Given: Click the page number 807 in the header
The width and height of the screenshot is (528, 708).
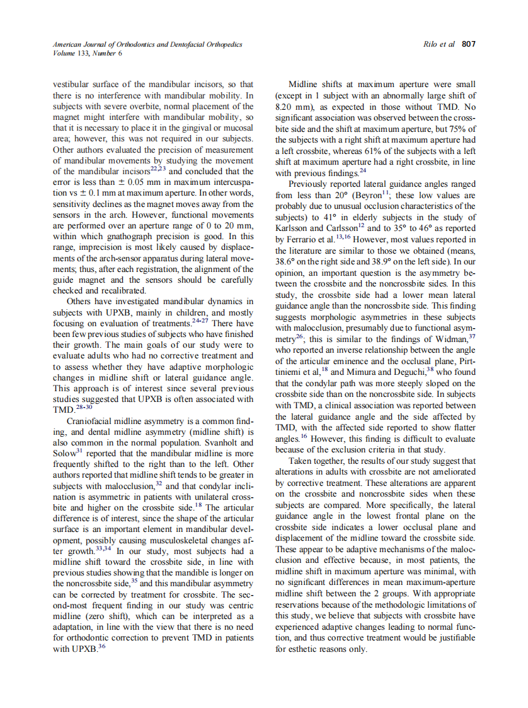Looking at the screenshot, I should [x=469, y=45].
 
